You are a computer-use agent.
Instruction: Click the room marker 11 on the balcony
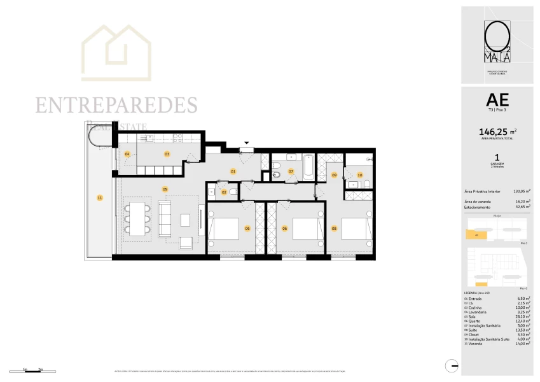point(99,198)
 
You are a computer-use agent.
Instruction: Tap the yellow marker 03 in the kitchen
point(167,154)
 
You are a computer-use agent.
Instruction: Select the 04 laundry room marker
point(127,154)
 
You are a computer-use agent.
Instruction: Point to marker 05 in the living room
point(165,188)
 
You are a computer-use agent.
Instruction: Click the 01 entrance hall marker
point(233,171)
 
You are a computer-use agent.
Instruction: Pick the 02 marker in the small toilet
point(224,192)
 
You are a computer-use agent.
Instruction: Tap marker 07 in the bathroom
point(291,171)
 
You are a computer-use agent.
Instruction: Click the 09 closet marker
point(334,175)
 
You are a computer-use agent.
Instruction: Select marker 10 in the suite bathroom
point(359,174)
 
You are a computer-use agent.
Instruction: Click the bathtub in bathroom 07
point(307,167)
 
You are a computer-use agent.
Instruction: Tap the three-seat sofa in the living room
point(164,219)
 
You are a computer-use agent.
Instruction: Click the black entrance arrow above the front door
point(247,143)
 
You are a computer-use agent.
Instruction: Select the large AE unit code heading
point(497,99)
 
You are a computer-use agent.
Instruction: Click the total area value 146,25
point(493,132)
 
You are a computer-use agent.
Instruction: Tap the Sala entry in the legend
point(471,316)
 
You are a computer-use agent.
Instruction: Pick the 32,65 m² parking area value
point(523,207)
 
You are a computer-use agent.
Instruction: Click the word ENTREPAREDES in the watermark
point(116,105)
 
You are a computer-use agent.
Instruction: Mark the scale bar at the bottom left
point(32,370)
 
